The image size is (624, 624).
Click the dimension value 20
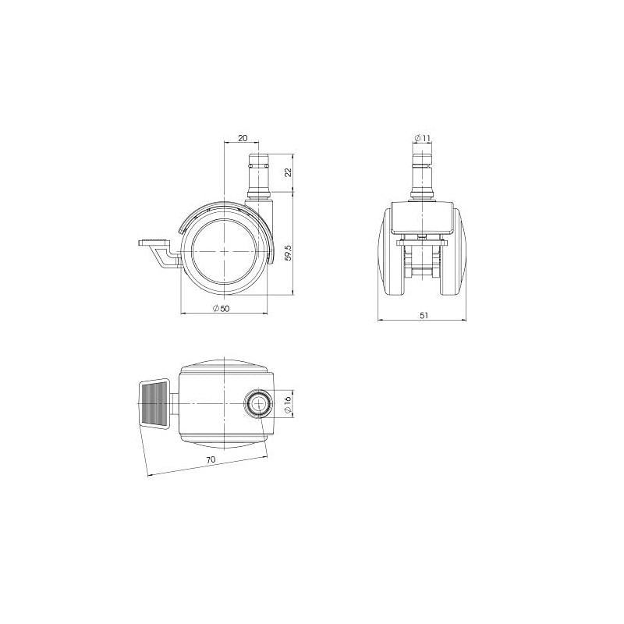243,138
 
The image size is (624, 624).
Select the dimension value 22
289,172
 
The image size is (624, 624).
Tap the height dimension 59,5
289,252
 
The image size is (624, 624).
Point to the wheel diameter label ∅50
222,308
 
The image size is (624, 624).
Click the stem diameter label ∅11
422,138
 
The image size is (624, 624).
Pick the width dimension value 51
424,315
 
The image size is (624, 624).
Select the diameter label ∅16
289,403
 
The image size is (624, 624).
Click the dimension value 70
211,459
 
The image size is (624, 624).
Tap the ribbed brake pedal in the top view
154,403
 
